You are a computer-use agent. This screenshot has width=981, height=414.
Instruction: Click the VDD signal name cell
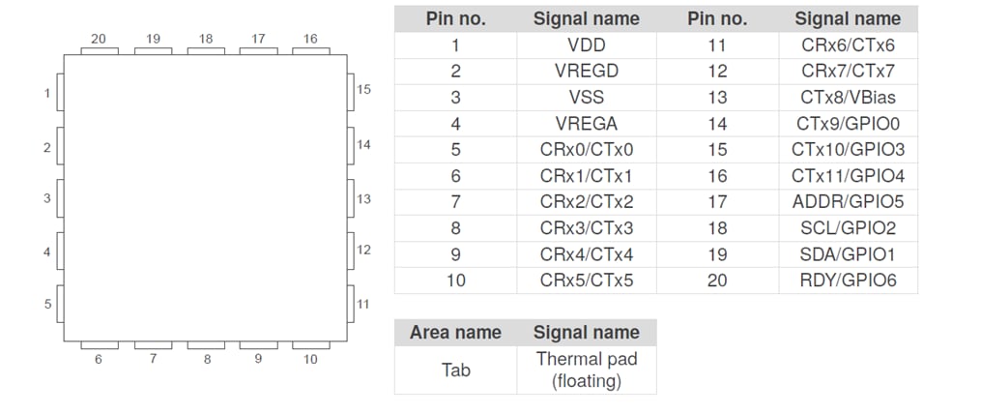tap(586, 44)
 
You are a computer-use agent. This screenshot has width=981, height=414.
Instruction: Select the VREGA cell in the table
tap(586, 123)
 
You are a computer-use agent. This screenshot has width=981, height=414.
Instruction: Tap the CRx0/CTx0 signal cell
tap(586, 149)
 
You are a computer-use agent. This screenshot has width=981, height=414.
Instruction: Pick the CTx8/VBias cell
tap(848, 97)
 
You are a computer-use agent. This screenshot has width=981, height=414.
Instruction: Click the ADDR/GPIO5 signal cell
tap(848, 201)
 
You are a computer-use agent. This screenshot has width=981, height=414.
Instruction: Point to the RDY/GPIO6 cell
tap(848, 280)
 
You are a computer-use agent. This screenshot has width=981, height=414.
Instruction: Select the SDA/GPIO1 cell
tap(848, 253)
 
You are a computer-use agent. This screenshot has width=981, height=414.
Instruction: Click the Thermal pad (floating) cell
tap(586, 370)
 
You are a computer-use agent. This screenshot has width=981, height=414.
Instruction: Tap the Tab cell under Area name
tap(455, 370)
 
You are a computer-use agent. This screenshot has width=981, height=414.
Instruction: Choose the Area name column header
tap(455, 332)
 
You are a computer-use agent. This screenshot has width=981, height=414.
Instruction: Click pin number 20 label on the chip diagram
tap(99, 39)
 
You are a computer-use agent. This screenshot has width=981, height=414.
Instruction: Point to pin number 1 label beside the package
tap(46, 94)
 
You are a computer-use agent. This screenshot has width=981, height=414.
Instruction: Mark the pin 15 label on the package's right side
tap(363, 89)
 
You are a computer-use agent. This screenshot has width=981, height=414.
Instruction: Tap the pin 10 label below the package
tap(309, 359)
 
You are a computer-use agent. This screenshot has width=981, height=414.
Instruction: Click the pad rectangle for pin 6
tap(99, 344)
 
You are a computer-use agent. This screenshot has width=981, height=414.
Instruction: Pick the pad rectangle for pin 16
tap(310, 50)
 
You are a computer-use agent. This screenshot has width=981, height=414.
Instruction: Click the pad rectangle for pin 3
tap(60, 199)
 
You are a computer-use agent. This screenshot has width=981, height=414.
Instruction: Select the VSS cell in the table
tap(586, 97)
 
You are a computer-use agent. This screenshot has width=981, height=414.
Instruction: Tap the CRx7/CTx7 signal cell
tap(848, 71)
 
